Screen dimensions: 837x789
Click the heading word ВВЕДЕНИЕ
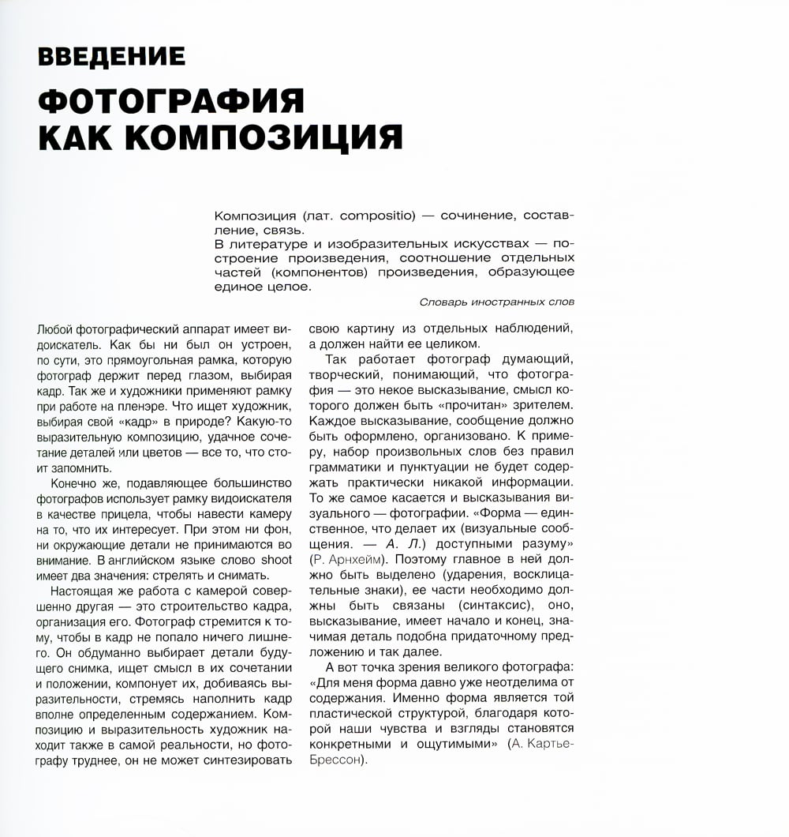111,57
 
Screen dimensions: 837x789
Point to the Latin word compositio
378,216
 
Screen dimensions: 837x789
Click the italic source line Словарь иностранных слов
497,302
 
